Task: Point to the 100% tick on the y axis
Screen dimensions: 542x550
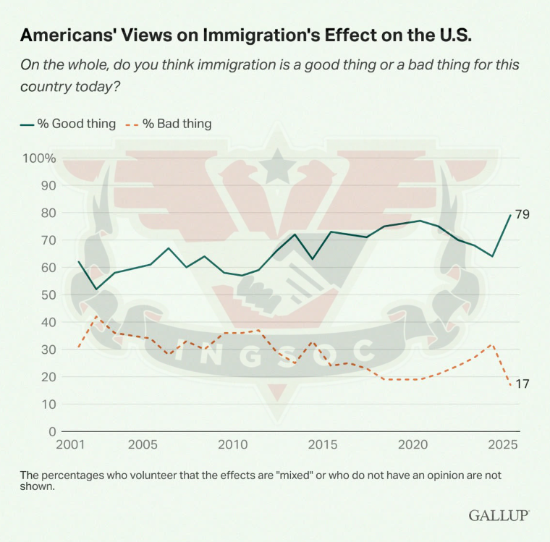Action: tap(39, 158)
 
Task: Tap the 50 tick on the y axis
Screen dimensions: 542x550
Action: tap(48, 295)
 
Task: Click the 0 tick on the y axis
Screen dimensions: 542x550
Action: tap(52, 431)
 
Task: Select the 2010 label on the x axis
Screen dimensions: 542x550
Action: tap(234, 443)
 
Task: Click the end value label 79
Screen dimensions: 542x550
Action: tap(522, 215)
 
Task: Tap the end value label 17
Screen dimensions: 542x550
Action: tap(522, 384)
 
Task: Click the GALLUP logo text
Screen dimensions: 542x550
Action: tap(499, 515)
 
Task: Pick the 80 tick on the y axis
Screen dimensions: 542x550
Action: tap(48, 213)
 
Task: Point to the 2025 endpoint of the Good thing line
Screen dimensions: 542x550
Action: tap(510, 215)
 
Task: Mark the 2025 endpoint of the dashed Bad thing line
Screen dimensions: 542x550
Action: tap(510, 385)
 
